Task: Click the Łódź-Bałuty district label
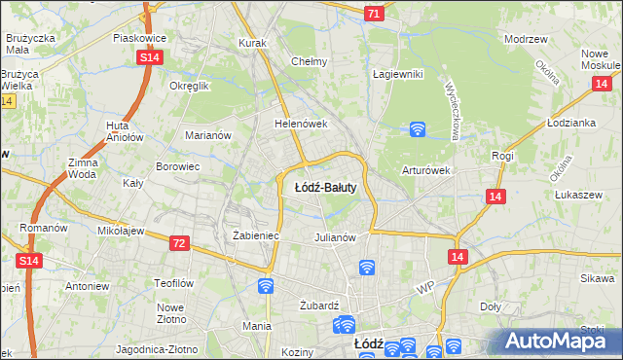(325, 187)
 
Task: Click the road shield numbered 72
(177, 242)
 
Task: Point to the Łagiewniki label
(398, 73)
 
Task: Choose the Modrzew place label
(523, 39)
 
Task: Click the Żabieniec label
(257, 235)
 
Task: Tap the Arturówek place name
(426, 170)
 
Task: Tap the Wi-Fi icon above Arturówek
(418, 127)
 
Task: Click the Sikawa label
(597, 278)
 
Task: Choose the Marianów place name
(208, 135)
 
